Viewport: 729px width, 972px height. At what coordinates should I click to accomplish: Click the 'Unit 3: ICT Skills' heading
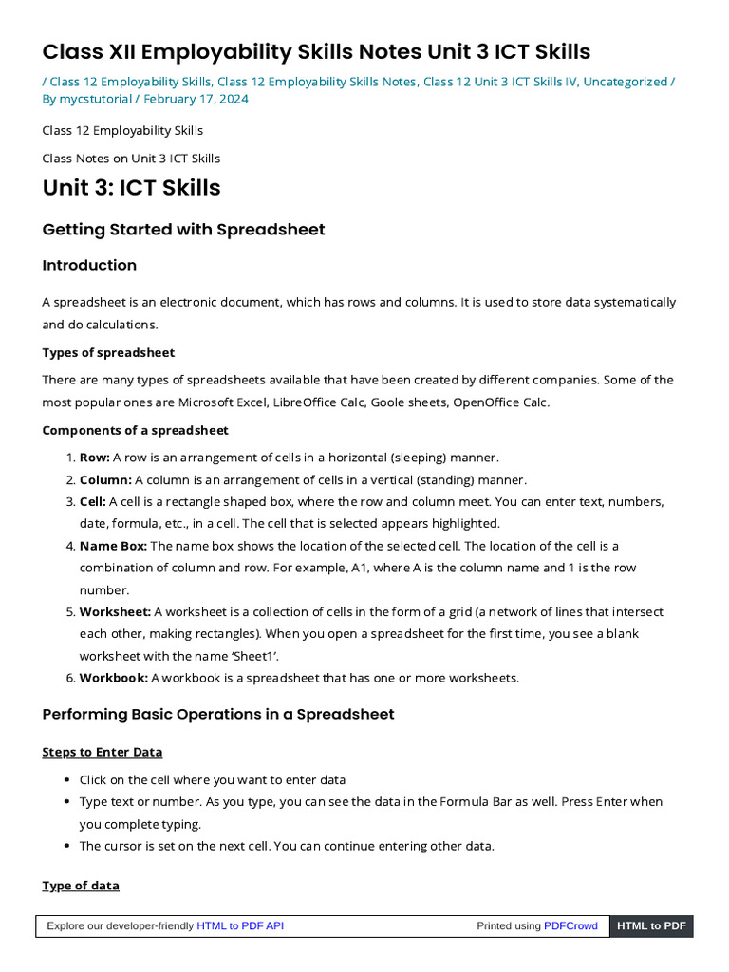pyautogui.click(x=131, y=188)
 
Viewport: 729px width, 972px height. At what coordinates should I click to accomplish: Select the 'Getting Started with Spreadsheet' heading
pyautogui.click(x=183, y=230)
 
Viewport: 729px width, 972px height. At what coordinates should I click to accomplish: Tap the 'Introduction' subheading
pyautogui.click(x=89, y=265)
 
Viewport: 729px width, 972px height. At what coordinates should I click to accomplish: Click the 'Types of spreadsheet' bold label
pyautogui.click(x=108, y=353)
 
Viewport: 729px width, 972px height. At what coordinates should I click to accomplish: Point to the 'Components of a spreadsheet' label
pyautogui.click(x=135, y=431)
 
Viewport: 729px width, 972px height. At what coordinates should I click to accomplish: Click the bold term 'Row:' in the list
pyautogui.click(x=94, y=458)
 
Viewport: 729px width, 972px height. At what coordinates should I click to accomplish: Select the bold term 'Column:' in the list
pyautogui.click(x=105, y=479)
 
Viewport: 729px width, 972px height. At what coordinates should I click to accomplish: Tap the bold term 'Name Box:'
pyautogui.click(x=113, y=546)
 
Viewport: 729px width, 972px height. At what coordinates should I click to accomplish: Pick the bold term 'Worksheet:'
pyautogui.click(x=115, y=612)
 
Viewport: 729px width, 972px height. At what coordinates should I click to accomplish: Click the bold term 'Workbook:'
pyautogui.click(x=113, y=678)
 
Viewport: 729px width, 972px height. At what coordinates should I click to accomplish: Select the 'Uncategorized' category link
pyautogui.click(x=625, y=82)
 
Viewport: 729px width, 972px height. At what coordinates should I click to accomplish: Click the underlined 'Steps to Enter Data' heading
pyautogui.click(x=103, y=752)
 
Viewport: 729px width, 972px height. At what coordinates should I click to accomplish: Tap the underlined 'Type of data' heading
pyautogui.click(x=81, y=886)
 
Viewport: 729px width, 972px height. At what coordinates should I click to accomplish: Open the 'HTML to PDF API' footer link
pyautogui.click(x=240, y=926)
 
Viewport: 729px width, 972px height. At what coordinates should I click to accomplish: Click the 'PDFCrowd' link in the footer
pyautogui.click(x=570, y=926)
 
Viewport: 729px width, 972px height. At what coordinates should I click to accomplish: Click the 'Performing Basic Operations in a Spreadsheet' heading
pyautogui.click(x=218, y=714)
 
